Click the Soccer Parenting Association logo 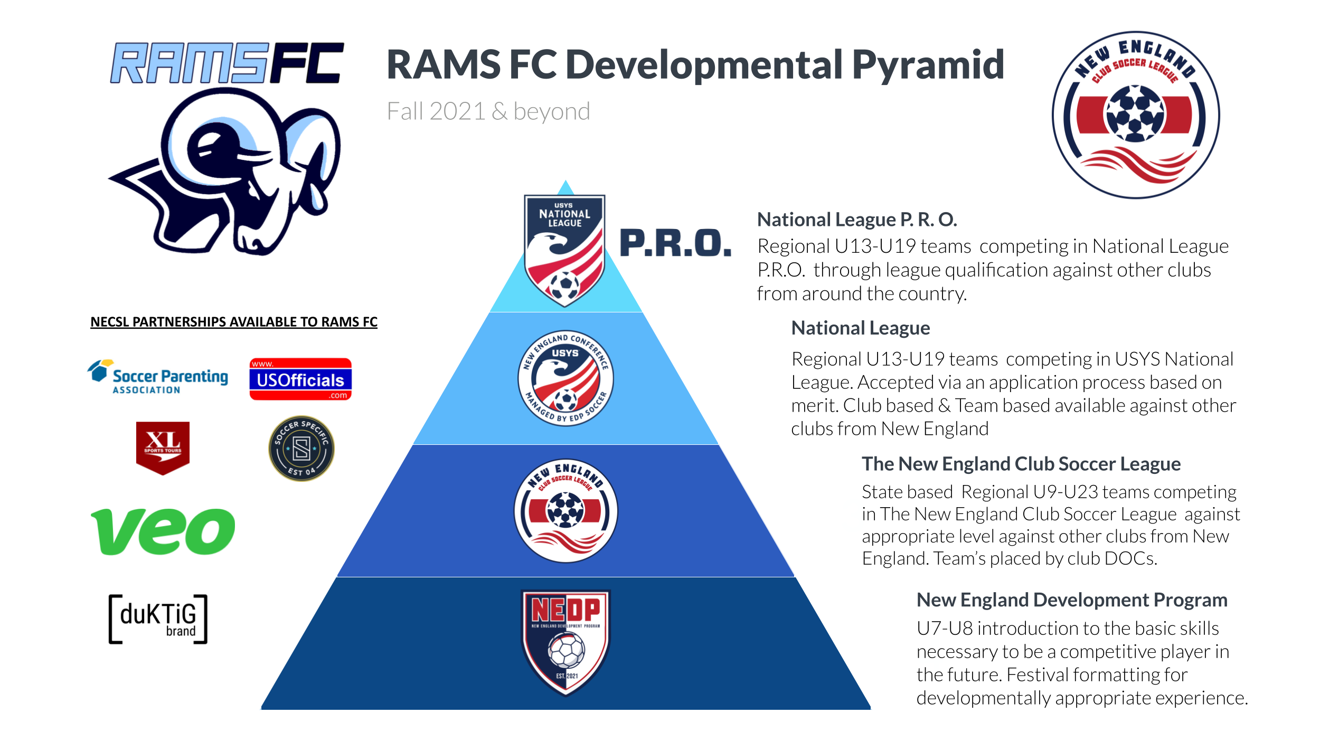(157, 377)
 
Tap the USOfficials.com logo (300, 379)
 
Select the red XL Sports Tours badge (163, 448)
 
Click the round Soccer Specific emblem (301, 449)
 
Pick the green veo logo (163, 531)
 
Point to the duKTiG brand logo (158, 619)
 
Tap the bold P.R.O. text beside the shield (676, 243)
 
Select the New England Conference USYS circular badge (565, 378)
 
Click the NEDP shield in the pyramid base (565, 643)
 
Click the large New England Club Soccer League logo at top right (1136, 115)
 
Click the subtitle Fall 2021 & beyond (488, 111)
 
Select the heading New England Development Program (1072, 600)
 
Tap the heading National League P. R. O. (857, 220)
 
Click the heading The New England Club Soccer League (1021, 464)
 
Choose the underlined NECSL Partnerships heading (234, 322)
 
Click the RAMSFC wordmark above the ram (227, 63)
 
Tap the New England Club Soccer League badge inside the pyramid (565, 511)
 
